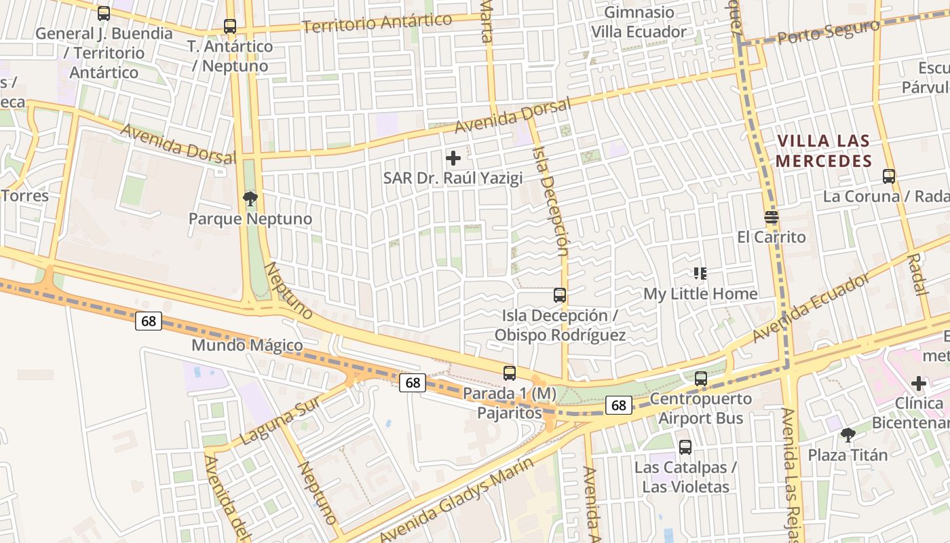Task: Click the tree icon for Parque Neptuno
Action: click(250, 199)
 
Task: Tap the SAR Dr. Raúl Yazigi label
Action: click(453, 179)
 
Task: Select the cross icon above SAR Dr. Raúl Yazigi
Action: click(453, 158)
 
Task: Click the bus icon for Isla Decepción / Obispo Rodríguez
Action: click(560, 295)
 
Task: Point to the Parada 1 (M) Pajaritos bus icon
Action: click(510, 373)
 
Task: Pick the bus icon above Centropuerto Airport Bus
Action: click(701, 378)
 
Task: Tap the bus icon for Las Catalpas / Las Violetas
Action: click(685, 447)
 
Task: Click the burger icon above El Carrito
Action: click(772, 217)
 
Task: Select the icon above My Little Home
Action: click(700, 274)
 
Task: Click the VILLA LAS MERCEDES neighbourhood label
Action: click(824, 151)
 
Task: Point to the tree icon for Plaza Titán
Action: click(848, 434)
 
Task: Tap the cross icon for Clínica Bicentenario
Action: click(919, 383)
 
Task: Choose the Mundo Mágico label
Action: click(247, 345)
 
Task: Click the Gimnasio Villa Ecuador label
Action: click(639, 22)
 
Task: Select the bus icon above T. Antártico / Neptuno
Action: click(230, 26)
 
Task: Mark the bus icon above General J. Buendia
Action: click(104, 13)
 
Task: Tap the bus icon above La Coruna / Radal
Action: click(889, 176)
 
